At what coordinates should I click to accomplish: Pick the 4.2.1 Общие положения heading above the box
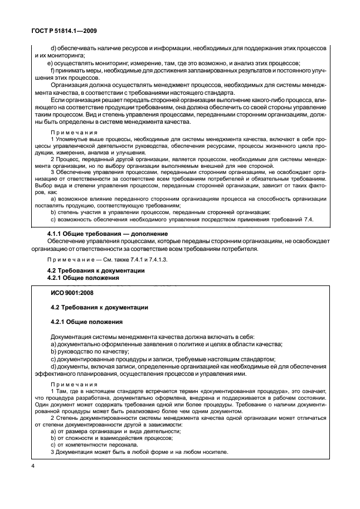click(x=81, y=277)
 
